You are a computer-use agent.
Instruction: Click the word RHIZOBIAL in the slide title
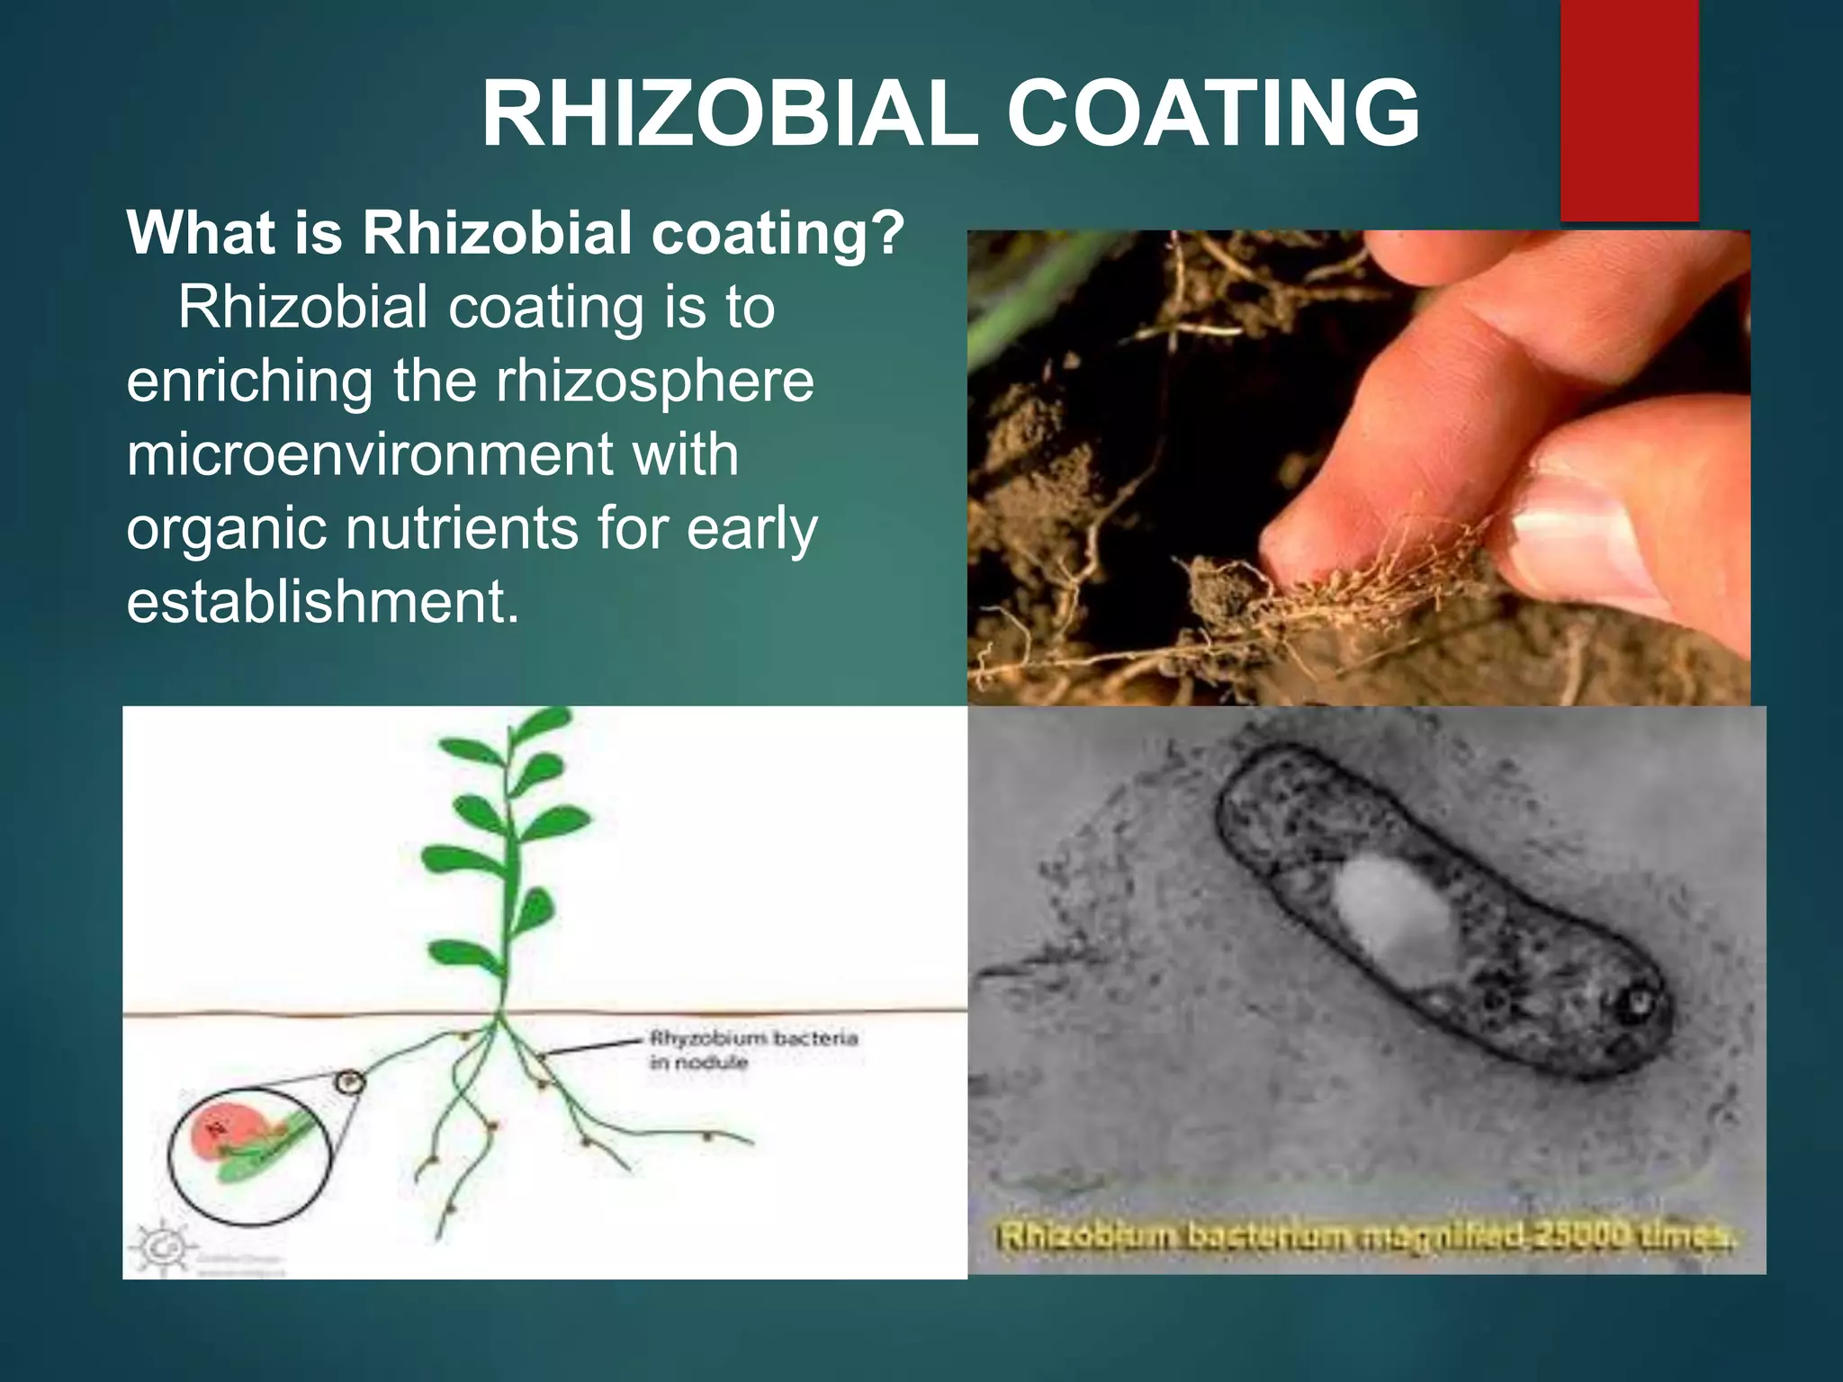729,115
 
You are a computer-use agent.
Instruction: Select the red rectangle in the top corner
1629,108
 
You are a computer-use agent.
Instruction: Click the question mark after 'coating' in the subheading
888,233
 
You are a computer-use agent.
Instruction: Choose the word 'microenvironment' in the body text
367,454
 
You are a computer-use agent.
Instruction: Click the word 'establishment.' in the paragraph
322,602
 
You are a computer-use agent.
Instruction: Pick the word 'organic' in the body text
226,528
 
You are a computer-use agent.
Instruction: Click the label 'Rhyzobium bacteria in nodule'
752,1049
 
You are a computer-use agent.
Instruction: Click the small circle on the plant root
350,1082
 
